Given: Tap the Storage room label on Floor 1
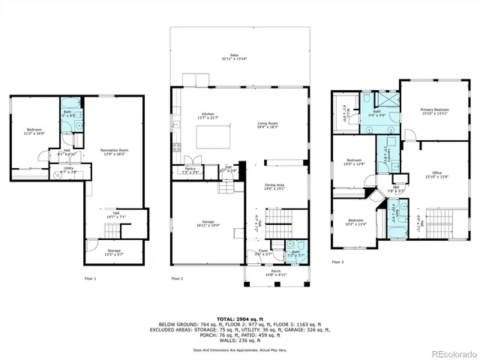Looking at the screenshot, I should coord(113,252).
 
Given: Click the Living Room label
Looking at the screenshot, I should coord(268,125).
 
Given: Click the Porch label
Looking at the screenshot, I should coord(275,273).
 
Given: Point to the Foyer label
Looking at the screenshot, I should coord(263,253).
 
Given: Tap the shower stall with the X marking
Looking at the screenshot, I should coord(388,100).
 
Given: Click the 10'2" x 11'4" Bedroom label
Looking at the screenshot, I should coord(355,222).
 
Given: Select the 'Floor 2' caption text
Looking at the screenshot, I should coord(177,278).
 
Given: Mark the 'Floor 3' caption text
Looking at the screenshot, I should coord(337,262).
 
